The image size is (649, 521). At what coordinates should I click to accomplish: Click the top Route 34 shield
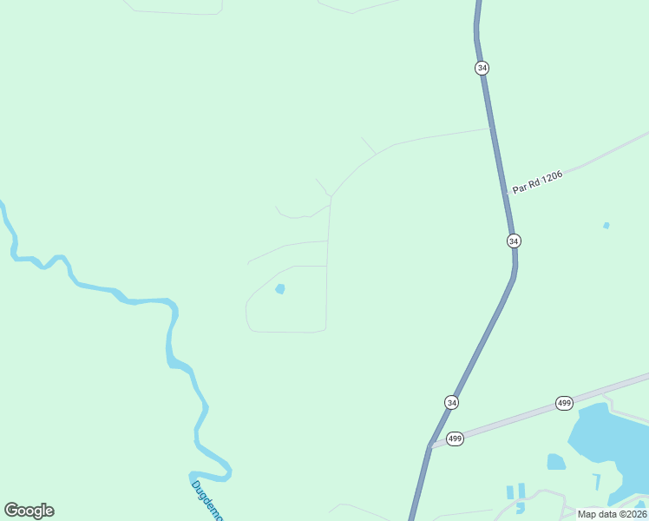[482, 68]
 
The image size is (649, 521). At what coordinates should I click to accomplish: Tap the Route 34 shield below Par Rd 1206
[514, 241]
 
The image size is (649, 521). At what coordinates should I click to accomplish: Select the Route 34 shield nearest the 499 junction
[451, 402]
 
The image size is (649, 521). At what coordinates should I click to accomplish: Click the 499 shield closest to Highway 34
[455, 439]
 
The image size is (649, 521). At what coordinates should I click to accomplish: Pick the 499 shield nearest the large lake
[564, 403]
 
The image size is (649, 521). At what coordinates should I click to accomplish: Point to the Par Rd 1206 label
[537, 181]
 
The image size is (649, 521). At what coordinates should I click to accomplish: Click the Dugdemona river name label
[207, 499]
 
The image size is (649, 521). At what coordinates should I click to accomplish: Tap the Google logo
[29, 511]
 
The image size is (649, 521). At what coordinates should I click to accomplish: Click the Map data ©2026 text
[612, 514]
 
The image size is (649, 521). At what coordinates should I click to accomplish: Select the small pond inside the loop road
[279, 288]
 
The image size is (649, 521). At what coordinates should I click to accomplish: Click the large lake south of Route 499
[607, 443]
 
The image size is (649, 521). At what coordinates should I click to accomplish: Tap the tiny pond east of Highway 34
[606, 226]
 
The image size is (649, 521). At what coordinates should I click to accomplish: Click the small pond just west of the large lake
[555, 461]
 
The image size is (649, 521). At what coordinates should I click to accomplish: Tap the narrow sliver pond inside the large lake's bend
[596, 480]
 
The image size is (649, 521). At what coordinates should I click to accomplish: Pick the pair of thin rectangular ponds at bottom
[515, 491]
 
